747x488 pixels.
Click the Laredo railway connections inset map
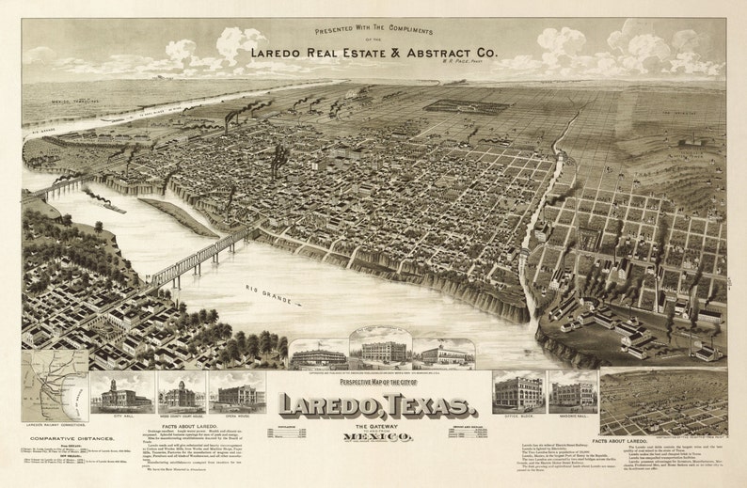55,386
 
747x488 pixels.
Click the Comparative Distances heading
66,438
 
